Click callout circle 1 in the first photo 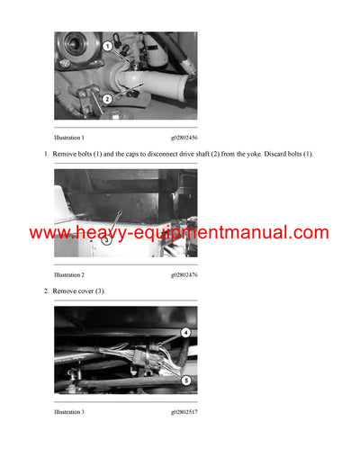click(x=107, y=45)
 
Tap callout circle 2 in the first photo click(x=106, y=99)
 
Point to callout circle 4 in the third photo click(x=186, y=332)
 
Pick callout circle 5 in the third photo click(x=186, y=381)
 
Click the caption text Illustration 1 click(x=69, y=137)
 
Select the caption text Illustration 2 click(x=69, y=273)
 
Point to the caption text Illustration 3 click(x=69, y=411)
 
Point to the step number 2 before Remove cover click(x=46, y=291)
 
